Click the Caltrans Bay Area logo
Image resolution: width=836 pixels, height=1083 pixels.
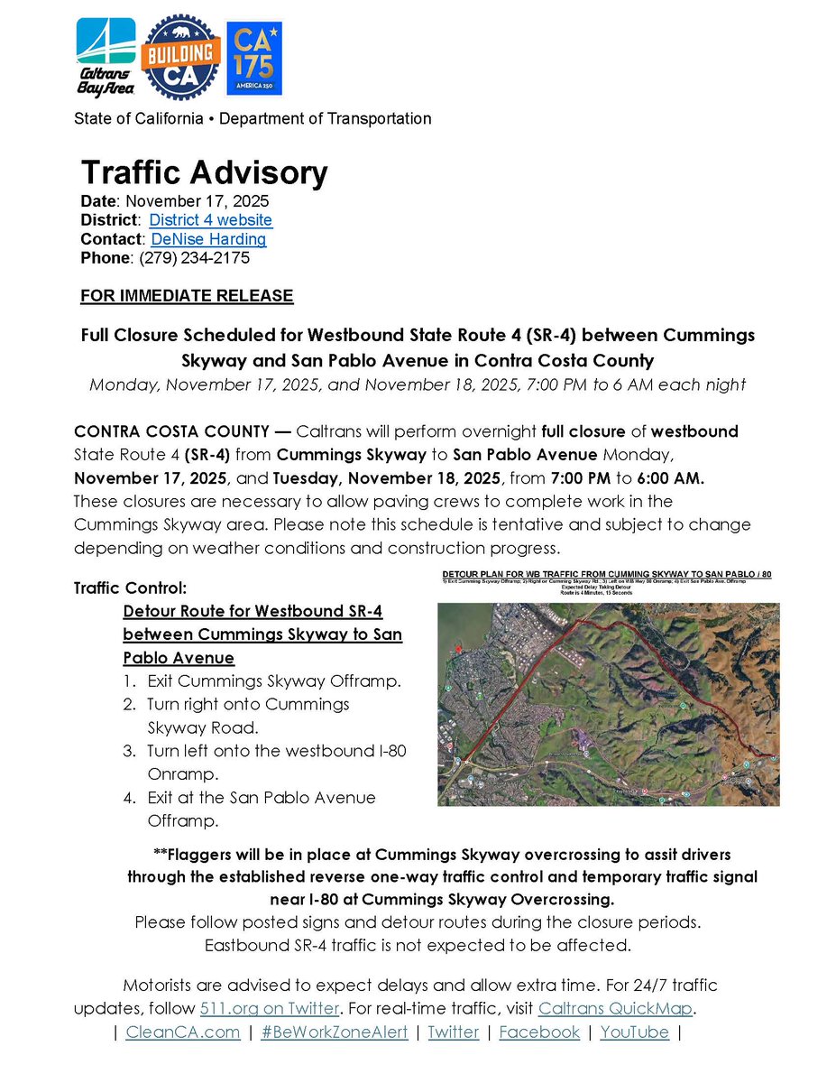[x=106, y=57]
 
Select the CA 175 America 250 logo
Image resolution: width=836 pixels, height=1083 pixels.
[x=253, y=58]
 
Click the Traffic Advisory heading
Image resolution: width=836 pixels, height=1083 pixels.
[x=204, y=172]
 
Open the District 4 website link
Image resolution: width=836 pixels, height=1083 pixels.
[x=210, y=220]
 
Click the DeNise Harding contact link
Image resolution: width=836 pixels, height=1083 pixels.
[x=208, y=239]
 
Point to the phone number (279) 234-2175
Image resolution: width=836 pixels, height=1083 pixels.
[x=190, y=258]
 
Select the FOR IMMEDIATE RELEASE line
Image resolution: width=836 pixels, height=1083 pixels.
[x=187, y=296]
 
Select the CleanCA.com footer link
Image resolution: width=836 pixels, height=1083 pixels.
[x=182, y=1032]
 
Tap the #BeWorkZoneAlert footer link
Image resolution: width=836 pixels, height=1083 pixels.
[x=334, y=1032]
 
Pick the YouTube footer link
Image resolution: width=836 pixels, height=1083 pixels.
[x=634, y=1032]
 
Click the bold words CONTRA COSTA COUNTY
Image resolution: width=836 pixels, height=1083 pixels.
[x=175, y=431]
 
